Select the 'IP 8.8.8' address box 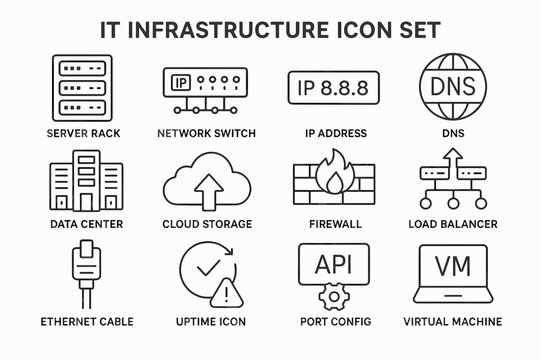click(x=326, y=87)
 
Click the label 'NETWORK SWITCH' click(x=207, y=133)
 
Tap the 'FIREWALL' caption click(x=326, y=224)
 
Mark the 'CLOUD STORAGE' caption click(x=207, y=224)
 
